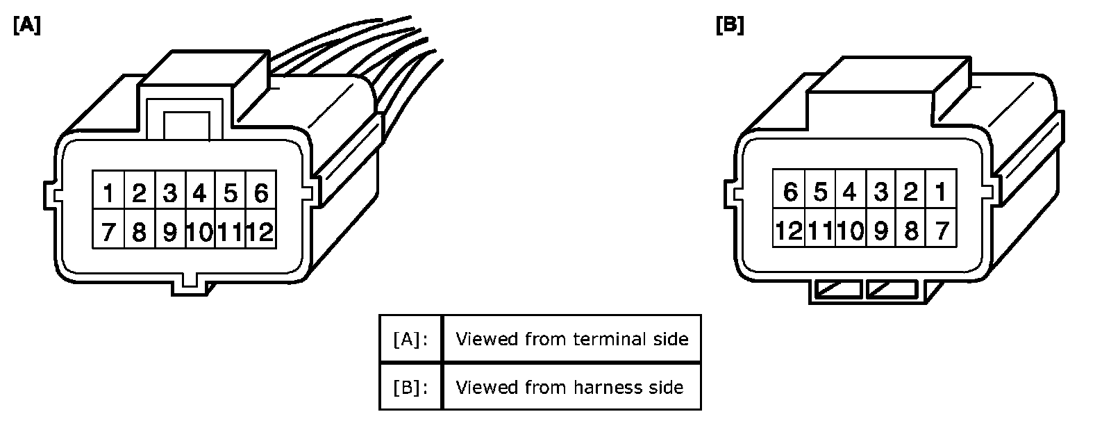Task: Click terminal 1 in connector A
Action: (108, 192)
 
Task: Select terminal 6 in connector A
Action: (260, 192)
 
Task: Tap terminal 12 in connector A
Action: (260, 231)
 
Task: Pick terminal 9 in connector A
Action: (169, 231)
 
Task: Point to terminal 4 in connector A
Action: (200, 192)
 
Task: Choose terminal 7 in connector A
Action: (108, 231)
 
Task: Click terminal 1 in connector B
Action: (941, 191)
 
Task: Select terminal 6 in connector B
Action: (789, 191)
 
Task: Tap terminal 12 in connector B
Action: (789, 230)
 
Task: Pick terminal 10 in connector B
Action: (850, 230)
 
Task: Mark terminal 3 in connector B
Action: (880, 191)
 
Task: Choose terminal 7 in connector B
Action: (941, 230)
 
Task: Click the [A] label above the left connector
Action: (26, 25)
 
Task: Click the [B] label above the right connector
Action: (729, 25)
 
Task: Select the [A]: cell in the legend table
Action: (410, 339)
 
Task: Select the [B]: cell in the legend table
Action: (410, 387)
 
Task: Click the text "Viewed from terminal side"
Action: (571, 339)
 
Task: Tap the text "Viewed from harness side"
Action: (569, 387)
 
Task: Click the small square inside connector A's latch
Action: (186, 125)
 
